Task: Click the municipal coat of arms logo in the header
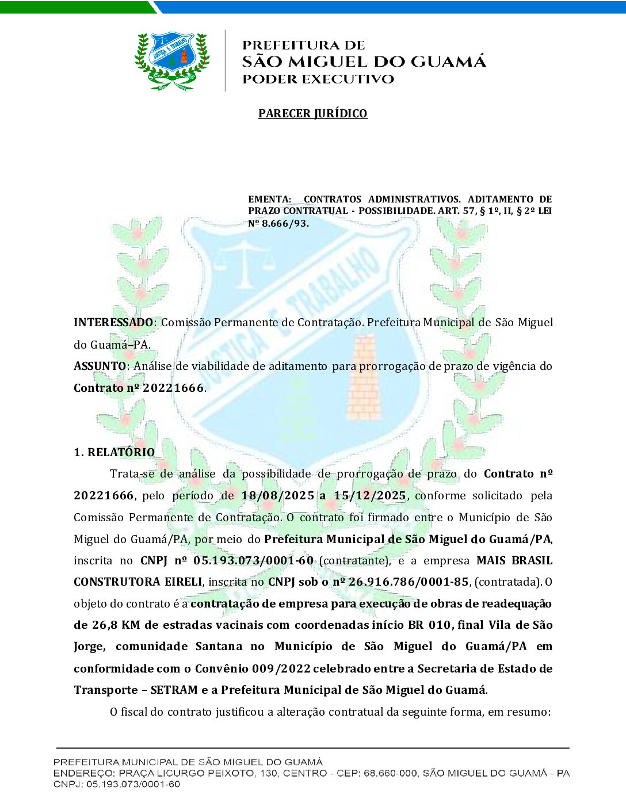(171, 60)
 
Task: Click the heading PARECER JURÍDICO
(312, 113)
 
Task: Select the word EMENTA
(269, 199)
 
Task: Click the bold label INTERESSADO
(113, 322)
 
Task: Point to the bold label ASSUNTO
(100, 366)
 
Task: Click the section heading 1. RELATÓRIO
(114, 452)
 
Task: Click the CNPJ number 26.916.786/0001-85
(409, 582)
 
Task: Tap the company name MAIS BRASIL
(514, 560)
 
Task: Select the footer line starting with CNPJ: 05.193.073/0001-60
(117, 784)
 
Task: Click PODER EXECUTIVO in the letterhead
(318, 79)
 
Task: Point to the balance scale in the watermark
(246, 262)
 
